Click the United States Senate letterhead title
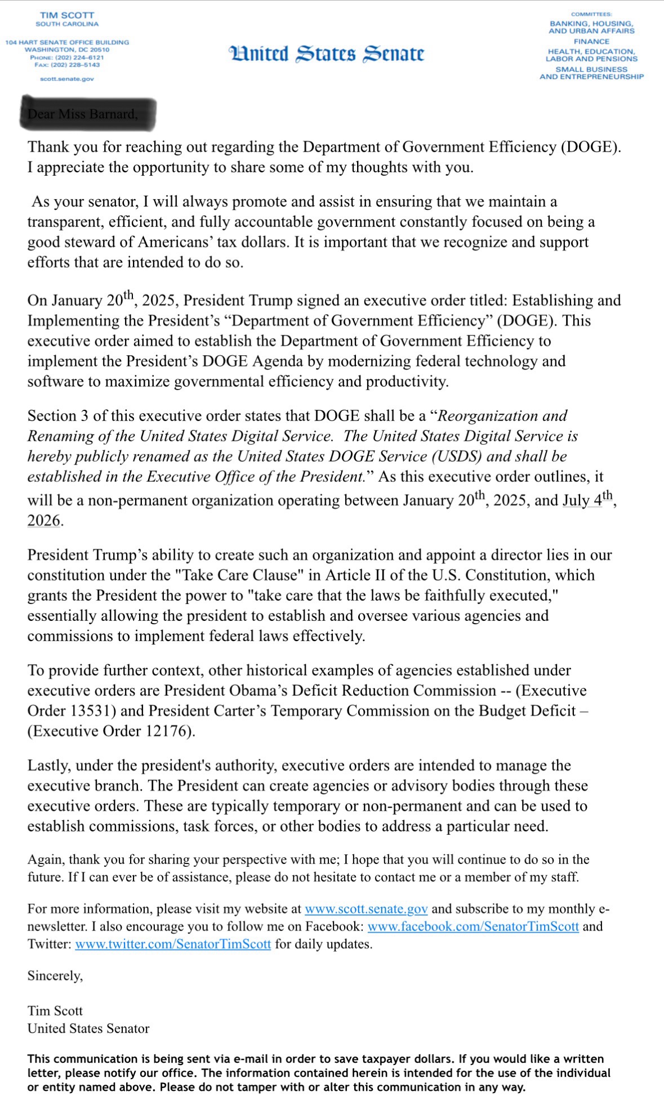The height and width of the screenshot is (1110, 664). pos(326,54)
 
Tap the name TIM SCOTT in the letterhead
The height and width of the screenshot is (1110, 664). pos(67,15)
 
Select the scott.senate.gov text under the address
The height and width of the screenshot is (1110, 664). pos(67,79)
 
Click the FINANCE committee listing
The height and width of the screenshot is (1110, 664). pos(591,42)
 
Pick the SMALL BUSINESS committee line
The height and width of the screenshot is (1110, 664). pos(591,69)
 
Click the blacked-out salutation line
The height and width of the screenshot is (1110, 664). pos(88,114)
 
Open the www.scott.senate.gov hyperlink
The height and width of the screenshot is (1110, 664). pos(366,909)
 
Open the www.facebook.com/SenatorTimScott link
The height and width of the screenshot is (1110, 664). pos(473,927)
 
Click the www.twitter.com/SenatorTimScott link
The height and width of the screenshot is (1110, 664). pos(173,944)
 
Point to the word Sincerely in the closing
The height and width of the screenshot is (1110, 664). pos(55,975)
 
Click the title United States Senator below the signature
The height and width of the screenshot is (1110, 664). pos(88,1028)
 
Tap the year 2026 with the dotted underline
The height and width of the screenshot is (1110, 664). pos(44,521)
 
